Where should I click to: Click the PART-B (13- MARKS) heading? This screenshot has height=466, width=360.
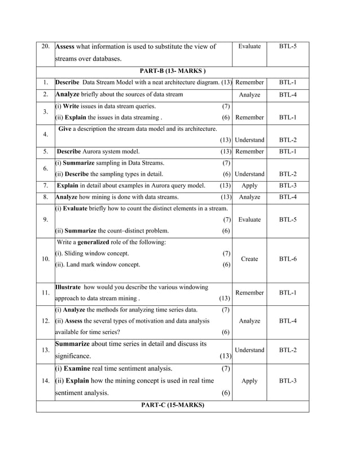pyautogui.click(x=172, y=71)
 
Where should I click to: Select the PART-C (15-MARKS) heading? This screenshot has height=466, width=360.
pyautogui.click(x=172, y=406)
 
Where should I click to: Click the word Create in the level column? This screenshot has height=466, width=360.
pyautogui.click(x=249, y=259)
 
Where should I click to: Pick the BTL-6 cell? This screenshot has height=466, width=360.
pyautogui.click(x=288, y=259)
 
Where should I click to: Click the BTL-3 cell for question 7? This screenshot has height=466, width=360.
pyautogui.click(x=288, y=185)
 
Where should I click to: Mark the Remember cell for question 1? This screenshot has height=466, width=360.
pyautogui.click(x=249, y=83)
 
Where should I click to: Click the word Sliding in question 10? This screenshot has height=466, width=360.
pyautogui.click(x=76, y=253)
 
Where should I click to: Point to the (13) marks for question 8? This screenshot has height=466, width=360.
pyautogui.click(x=225, y=197)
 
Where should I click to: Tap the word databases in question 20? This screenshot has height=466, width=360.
pyautogui.click(x=104, y=59)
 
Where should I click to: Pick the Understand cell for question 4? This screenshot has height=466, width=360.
pyautogui.click(x=249, y=140)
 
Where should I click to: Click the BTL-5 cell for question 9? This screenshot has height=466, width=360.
pyautogui.click(x=288, y=219)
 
